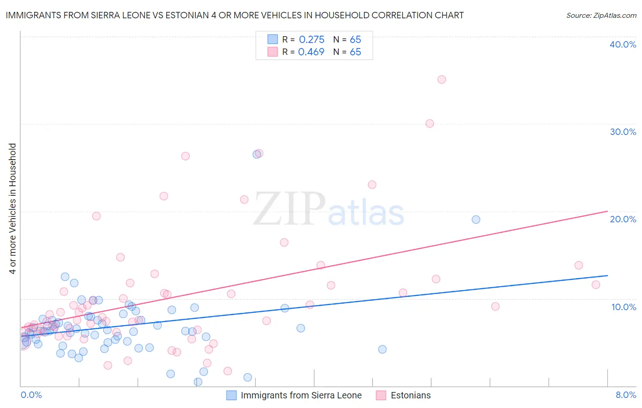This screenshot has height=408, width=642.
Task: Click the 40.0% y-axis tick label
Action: point(623,44)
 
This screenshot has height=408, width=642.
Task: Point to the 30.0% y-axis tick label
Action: point(623,132)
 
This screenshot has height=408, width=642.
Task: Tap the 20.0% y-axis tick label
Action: point(623,219)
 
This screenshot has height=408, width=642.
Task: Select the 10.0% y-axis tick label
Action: point(624,307)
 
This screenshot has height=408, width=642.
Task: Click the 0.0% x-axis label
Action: point(31,395)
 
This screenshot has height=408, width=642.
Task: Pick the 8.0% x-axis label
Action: point(626,395)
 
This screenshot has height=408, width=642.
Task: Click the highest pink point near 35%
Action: point(442,80)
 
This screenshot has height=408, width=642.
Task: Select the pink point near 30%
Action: point(430,123)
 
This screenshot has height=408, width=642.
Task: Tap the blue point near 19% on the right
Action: point(476,220)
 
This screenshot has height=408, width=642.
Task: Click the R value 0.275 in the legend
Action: point(311,40)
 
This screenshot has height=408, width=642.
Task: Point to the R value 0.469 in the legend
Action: point(311,52)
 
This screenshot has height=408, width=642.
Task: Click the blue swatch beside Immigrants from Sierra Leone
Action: point(232,395)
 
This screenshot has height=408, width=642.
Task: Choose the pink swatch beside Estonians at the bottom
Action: point(381,395)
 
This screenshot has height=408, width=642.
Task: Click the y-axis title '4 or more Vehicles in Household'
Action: point(13,209)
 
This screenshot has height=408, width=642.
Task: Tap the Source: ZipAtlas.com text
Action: point(601,16)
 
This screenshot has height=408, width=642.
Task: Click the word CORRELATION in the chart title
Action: point(358,16)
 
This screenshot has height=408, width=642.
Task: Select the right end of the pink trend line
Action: point(607,211)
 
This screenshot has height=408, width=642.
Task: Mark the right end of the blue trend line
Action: point(607,275)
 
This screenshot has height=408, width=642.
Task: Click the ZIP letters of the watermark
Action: point(289,209)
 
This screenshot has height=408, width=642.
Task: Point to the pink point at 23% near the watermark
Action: point(372,185)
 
